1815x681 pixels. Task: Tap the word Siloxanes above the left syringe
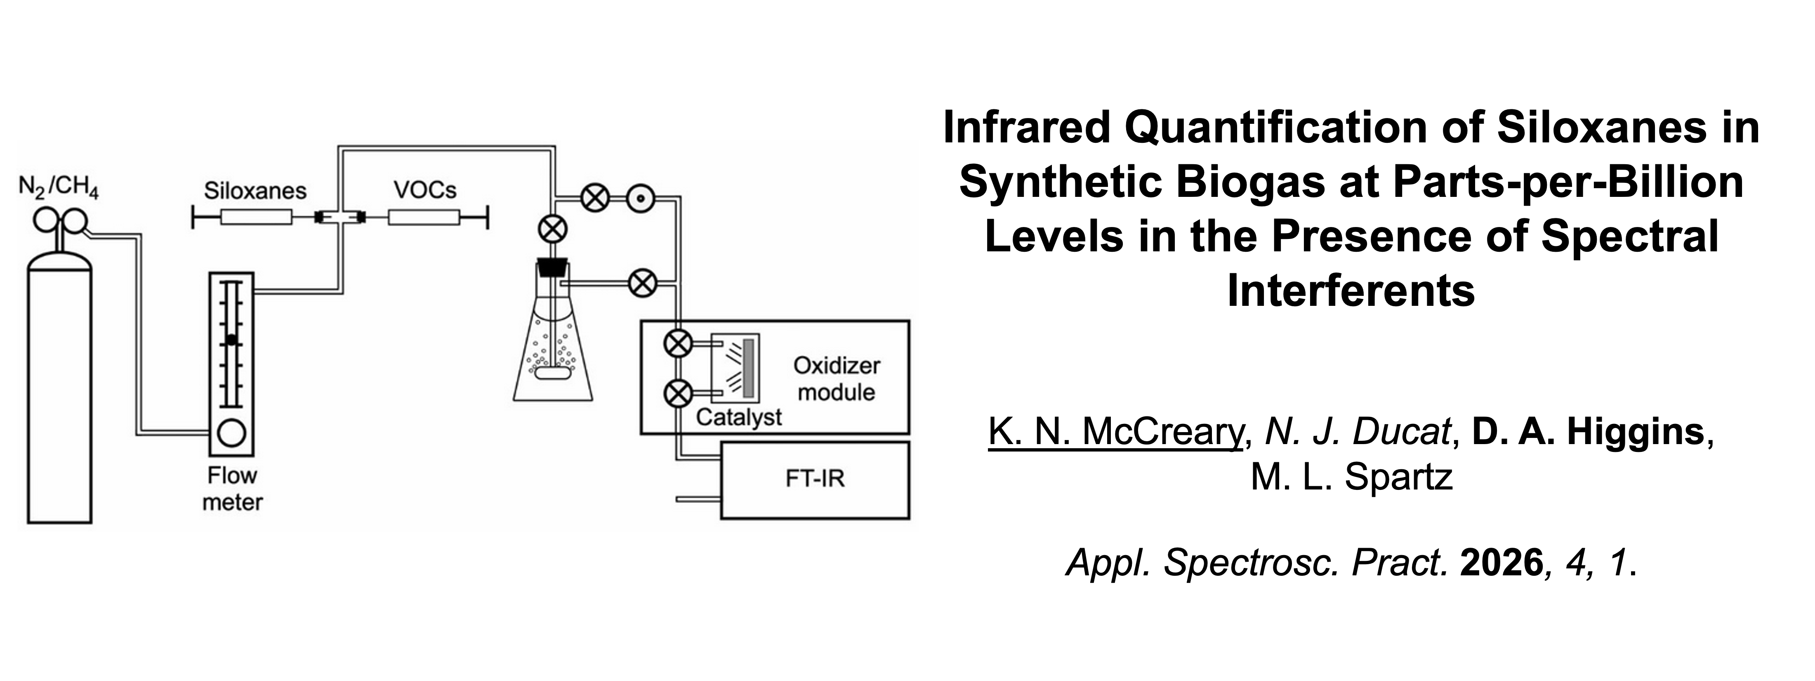tap(255, 190)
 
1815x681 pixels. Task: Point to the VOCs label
tap(425, 189)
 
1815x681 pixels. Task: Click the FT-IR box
tap(815, 480)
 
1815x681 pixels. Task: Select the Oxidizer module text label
tap(836, 378)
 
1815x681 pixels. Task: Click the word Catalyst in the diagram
tap(738, 417)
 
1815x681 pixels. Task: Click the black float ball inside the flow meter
tap(232, 340)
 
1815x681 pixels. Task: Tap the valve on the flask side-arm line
tap(642, 284)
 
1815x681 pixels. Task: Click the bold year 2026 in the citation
tap(1501, 563)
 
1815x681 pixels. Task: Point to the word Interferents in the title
tap(1351, 291)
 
